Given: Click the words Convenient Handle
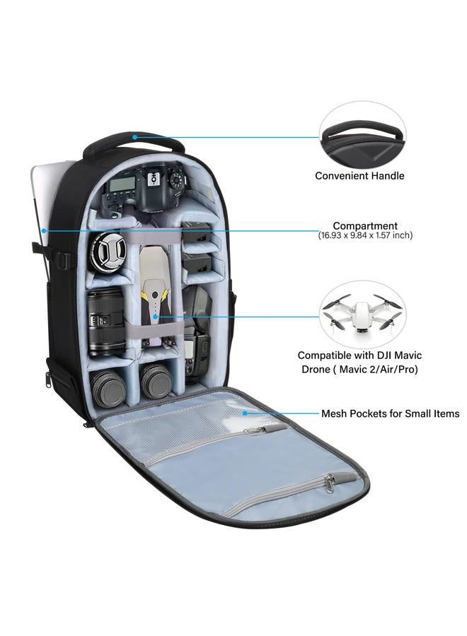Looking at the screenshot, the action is [359, 176].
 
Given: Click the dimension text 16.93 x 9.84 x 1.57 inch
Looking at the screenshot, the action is [365, 235].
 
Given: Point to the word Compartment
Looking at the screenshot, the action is [365, 225].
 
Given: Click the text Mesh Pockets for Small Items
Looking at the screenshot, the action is [391, 413].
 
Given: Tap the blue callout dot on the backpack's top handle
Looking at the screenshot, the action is [135, 137].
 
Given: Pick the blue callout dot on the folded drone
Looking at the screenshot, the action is [155, 317].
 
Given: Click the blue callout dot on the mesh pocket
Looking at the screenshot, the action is [245, 413].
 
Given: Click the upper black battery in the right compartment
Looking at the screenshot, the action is [197, 235].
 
